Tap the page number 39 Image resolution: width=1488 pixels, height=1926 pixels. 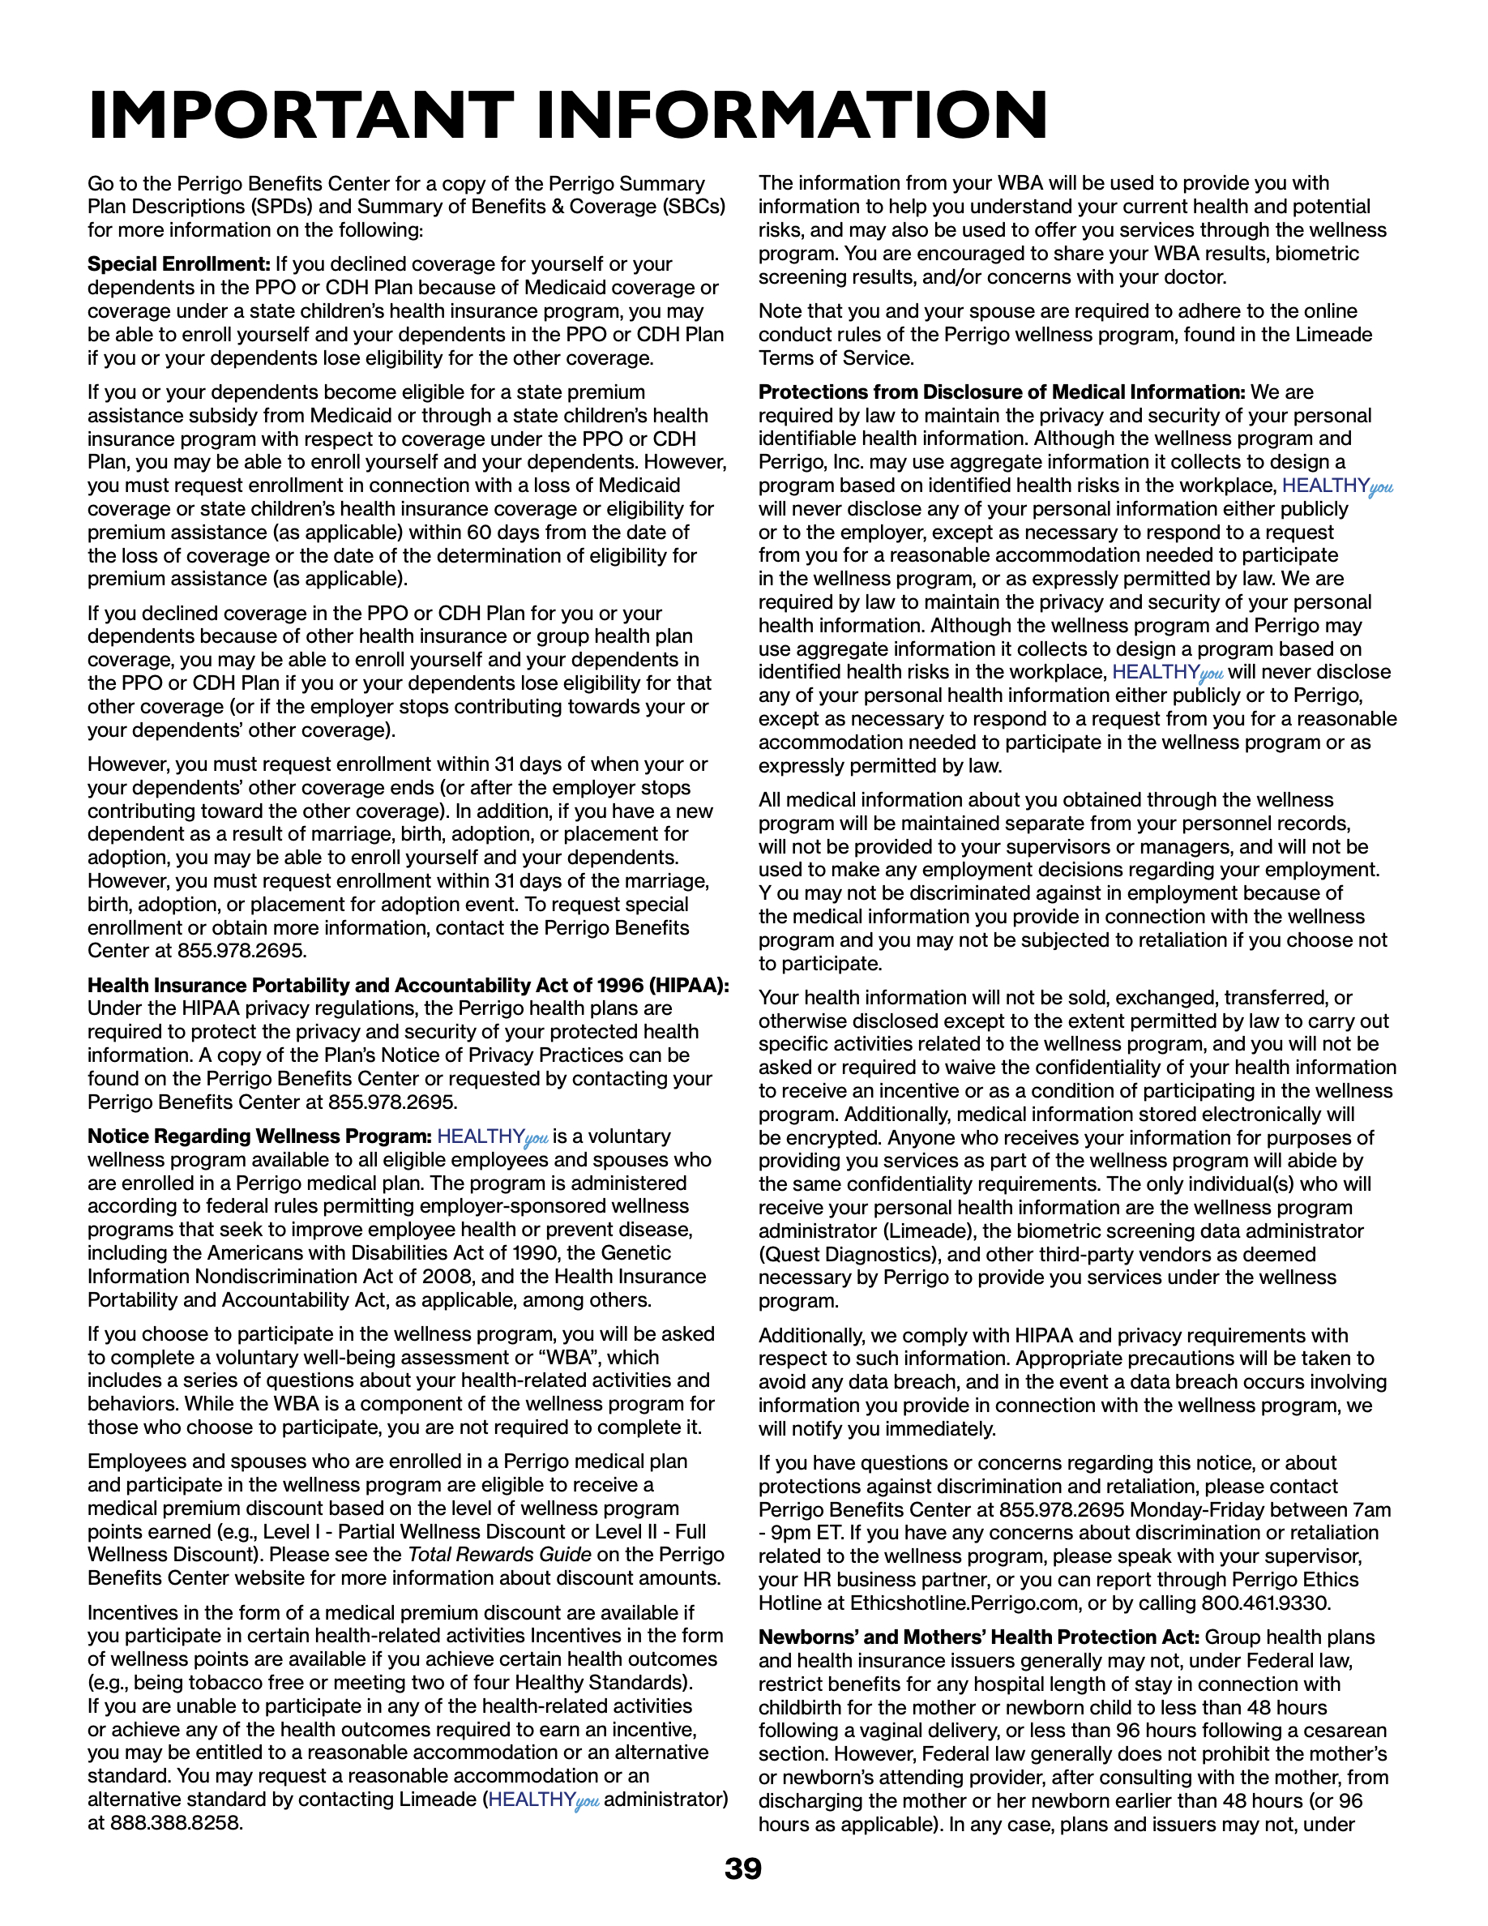coord(743,1868)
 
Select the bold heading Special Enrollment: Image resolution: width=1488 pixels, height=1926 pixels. coord(179,264)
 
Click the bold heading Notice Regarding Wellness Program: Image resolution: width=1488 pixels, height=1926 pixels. coord(259,1136)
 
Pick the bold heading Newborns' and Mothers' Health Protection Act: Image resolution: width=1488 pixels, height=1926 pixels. coord(978,1637)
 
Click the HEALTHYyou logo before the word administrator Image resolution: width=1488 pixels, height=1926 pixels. coord(544,1800)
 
